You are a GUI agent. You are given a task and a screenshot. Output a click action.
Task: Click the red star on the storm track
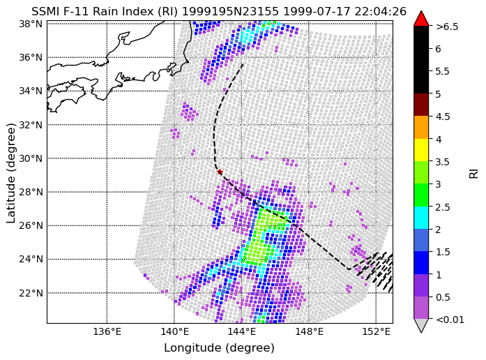coord(220,172)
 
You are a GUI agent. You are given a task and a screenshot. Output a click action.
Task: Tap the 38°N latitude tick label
coord(31,24)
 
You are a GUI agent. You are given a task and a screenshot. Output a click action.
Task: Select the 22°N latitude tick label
coord(31,293)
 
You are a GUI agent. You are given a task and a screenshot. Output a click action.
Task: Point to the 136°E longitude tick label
coord(107,332)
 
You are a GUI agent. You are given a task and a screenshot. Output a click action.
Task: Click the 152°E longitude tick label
coord(377,332)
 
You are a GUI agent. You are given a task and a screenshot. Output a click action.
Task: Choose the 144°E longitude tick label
coord(242,332)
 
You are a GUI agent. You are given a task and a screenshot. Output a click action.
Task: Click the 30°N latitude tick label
coord(31,158)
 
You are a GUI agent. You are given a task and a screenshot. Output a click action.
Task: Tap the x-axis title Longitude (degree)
coord(219,348)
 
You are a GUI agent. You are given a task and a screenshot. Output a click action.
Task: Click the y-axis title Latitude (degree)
coord(10,173)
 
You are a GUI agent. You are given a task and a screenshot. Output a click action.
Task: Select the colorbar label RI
coord(473,173)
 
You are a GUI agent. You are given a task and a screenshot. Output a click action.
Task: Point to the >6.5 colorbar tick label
coord(447,27)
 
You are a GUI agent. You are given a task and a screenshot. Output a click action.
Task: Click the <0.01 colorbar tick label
coord(450,320)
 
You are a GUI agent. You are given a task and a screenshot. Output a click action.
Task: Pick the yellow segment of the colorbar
coord(421,150)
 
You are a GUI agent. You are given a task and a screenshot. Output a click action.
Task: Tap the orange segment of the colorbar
coord(421,128)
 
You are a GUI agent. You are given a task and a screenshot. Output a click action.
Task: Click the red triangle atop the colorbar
coord(421,19)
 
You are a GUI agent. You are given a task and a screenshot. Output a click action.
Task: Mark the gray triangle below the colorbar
coord(421,325)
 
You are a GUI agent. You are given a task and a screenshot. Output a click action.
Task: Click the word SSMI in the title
coord(43,12)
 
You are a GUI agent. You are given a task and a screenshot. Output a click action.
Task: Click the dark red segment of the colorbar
coord(421,105)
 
